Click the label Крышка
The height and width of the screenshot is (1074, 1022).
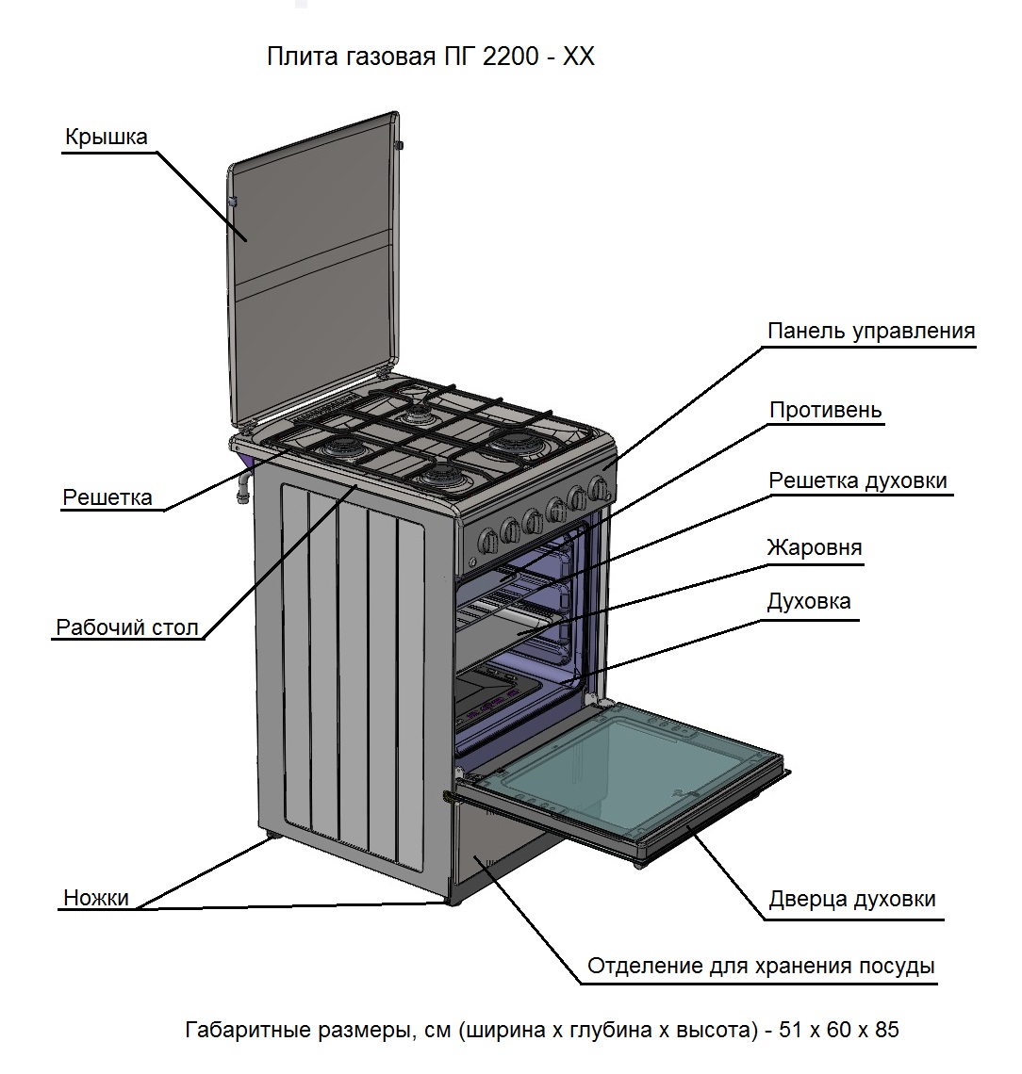[x=106, y=137]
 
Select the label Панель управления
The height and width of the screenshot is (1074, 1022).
[x=870, y=332]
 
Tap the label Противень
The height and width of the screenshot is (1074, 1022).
[x=825, y=410]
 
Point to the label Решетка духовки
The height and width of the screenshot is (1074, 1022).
[x=857, y=480]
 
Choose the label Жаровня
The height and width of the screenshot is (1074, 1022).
[x=814, y=547]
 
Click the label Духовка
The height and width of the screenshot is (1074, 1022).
[x=808, y=601]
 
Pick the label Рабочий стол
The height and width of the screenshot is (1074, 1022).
[x=128, y=627]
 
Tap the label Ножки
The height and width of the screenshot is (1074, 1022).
[x=96, y=898]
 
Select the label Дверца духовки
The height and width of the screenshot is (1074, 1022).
[x=852, y=899]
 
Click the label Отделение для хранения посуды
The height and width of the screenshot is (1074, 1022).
[x=761, y=967]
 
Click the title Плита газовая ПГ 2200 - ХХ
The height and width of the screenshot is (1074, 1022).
[x=431, y=57]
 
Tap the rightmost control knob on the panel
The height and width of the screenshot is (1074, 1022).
[x=597, y=488]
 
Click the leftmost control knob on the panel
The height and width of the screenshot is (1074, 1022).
[x=489, y=540]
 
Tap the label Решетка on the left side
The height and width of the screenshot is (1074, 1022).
[x=107, y=497]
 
